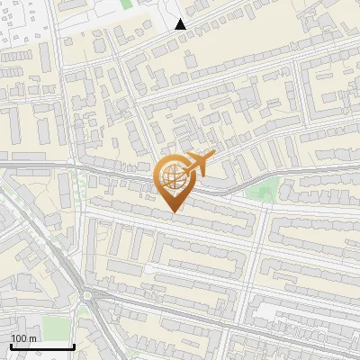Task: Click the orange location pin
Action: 174,181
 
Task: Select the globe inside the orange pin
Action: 173,175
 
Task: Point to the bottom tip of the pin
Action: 174,211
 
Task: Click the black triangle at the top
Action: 181,24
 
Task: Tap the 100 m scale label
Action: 24,338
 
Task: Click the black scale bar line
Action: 42,346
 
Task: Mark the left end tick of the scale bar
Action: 12,345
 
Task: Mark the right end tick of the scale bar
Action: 74,345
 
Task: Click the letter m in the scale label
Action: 33,338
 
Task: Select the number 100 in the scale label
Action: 19,338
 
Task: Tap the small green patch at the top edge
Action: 127,4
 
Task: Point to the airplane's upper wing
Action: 202,156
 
